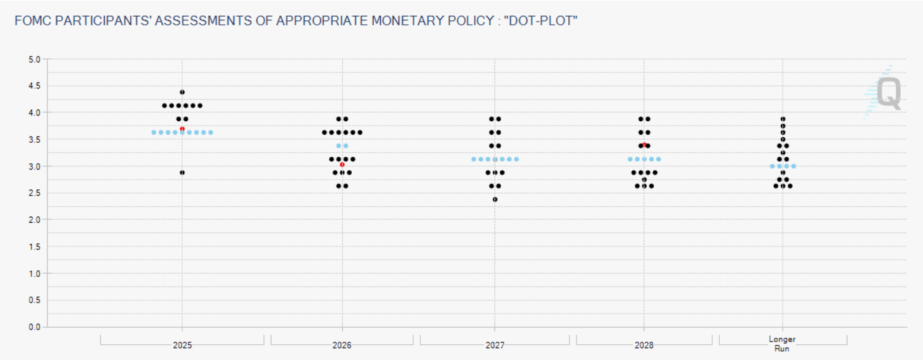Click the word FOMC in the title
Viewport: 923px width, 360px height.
tap(32, 21)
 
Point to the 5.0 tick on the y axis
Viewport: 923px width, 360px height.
tap(34, 60)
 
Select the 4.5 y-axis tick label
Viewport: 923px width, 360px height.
tap(34, 86)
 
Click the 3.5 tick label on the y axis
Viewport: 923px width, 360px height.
tap(34, 140)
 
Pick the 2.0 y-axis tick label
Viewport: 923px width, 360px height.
tap(34, 220)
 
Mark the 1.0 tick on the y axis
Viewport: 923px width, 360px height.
tap(34, 274)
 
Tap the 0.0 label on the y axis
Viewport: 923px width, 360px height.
tap(34, 327)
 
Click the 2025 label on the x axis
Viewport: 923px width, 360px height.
tap(182, 345)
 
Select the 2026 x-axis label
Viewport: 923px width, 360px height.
tap(342, 345)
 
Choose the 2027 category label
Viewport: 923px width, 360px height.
tap(495, 345)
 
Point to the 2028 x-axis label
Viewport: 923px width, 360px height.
tap(644, 345)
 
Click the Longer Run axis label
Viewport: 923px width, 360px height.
tap(782, 343)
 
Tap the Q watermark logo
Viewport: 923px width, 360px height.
tap(887, 93)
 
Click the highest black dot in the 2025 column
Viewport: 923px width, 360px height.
tap(182, 92)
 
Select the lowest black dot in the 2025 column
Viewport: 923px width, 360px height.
tap(182, 173)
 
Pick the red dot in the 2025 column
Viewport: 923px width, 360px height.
tap(182, 129)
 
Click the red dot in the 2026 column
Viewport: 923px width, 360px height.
tap(342, 164)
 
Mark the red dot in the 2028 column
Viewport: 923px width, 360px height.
tap(644, 145)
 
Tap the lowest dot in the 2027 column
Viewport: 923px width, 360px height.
tap(495, 199)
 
